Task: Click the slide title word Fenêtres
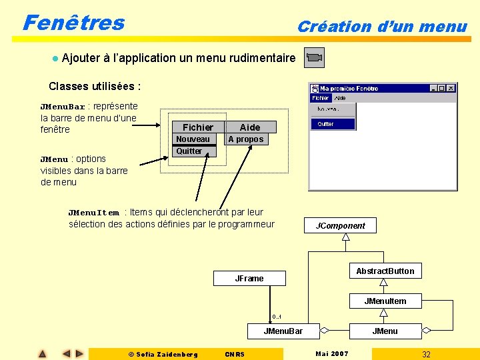(73, 23)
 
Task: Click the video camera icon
(314, 58)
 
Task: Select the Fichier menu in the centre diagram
(198, 127)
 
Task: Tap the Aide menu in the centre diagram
(250, 127)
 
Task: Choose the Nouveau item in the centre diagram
(193, 139)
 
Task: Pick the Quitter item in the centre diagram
(189, 151)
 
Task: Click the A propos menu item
(245, 139)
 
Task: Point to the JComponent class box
(341, 225)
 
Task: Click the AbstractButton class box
(385, 271)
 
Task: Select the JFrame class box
(249, 278)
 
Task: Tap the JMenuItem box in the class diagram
(385, 301)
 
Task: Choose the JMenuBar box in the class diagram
(283, 331)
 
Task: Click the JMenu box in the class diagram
(385, 331)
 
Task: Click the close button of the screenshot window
(451, 88)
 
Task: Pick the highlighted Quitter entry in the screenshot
(326, 124)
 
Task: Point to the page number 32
(426, 354)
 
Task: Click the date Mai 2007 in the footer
(332, 353)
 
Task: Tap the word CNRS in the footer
(235, 354)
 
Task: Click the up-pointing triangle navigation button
(42, 354)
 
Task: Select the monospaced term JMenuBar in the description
(63, 107)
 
